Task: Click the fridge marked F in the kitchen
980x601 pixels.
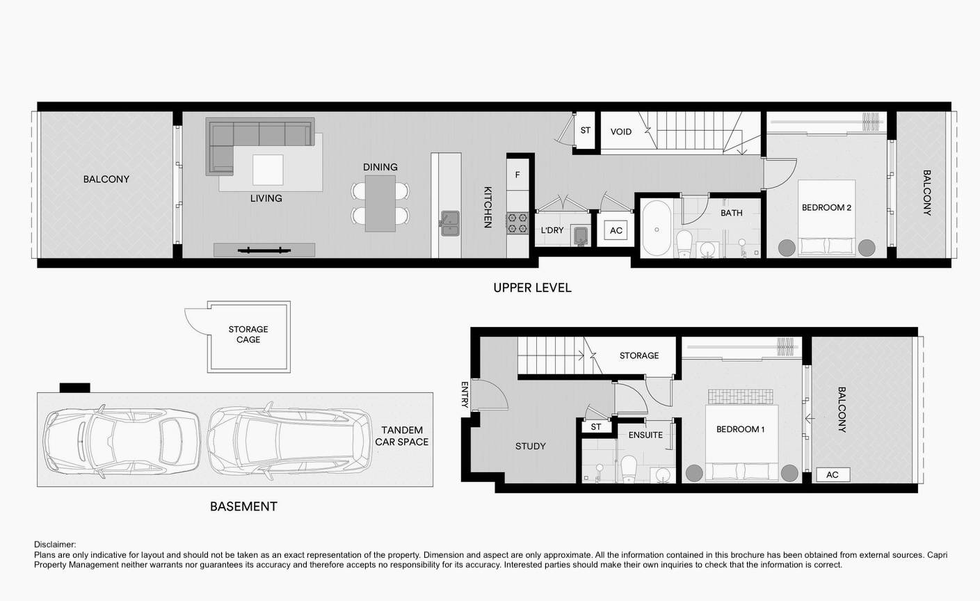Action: [517, 175]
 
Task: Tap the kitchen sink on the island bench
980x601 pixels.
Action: [450, 223]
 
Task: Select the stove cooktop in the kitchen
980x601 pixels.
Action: [517, 223]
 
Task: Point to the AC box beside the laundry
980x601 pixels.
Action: [616, 230]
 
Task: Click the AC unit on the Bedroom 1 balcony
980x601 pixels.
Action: [833, 474]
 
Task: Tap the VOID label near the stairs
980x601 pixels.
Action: [621, 131]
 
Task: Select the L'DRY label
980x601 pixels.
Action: [552, 230]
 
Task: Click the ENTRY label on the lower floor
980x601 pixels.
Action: [465, 394]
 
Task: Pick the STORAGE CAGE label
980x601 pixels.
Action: [248, 334]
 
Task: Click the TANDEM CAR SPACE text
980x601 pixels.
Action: [401, 436]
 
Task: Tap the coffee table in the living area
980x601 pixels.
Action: [268, 170]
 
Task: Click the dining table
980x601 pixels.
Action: [380, 203]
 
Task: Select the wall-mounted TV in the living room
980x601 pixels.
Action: [264, 250]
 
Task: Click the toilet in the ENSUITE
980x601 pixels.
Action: [629, 468]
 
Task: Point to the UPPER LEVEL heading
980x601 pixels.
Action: [533, 288]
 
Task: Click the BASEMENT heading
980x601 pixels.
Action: [243, 506]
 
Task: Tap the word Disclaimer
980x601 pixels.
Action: [55, 545]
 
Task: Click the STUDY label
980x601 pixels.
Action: [530, 446]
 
